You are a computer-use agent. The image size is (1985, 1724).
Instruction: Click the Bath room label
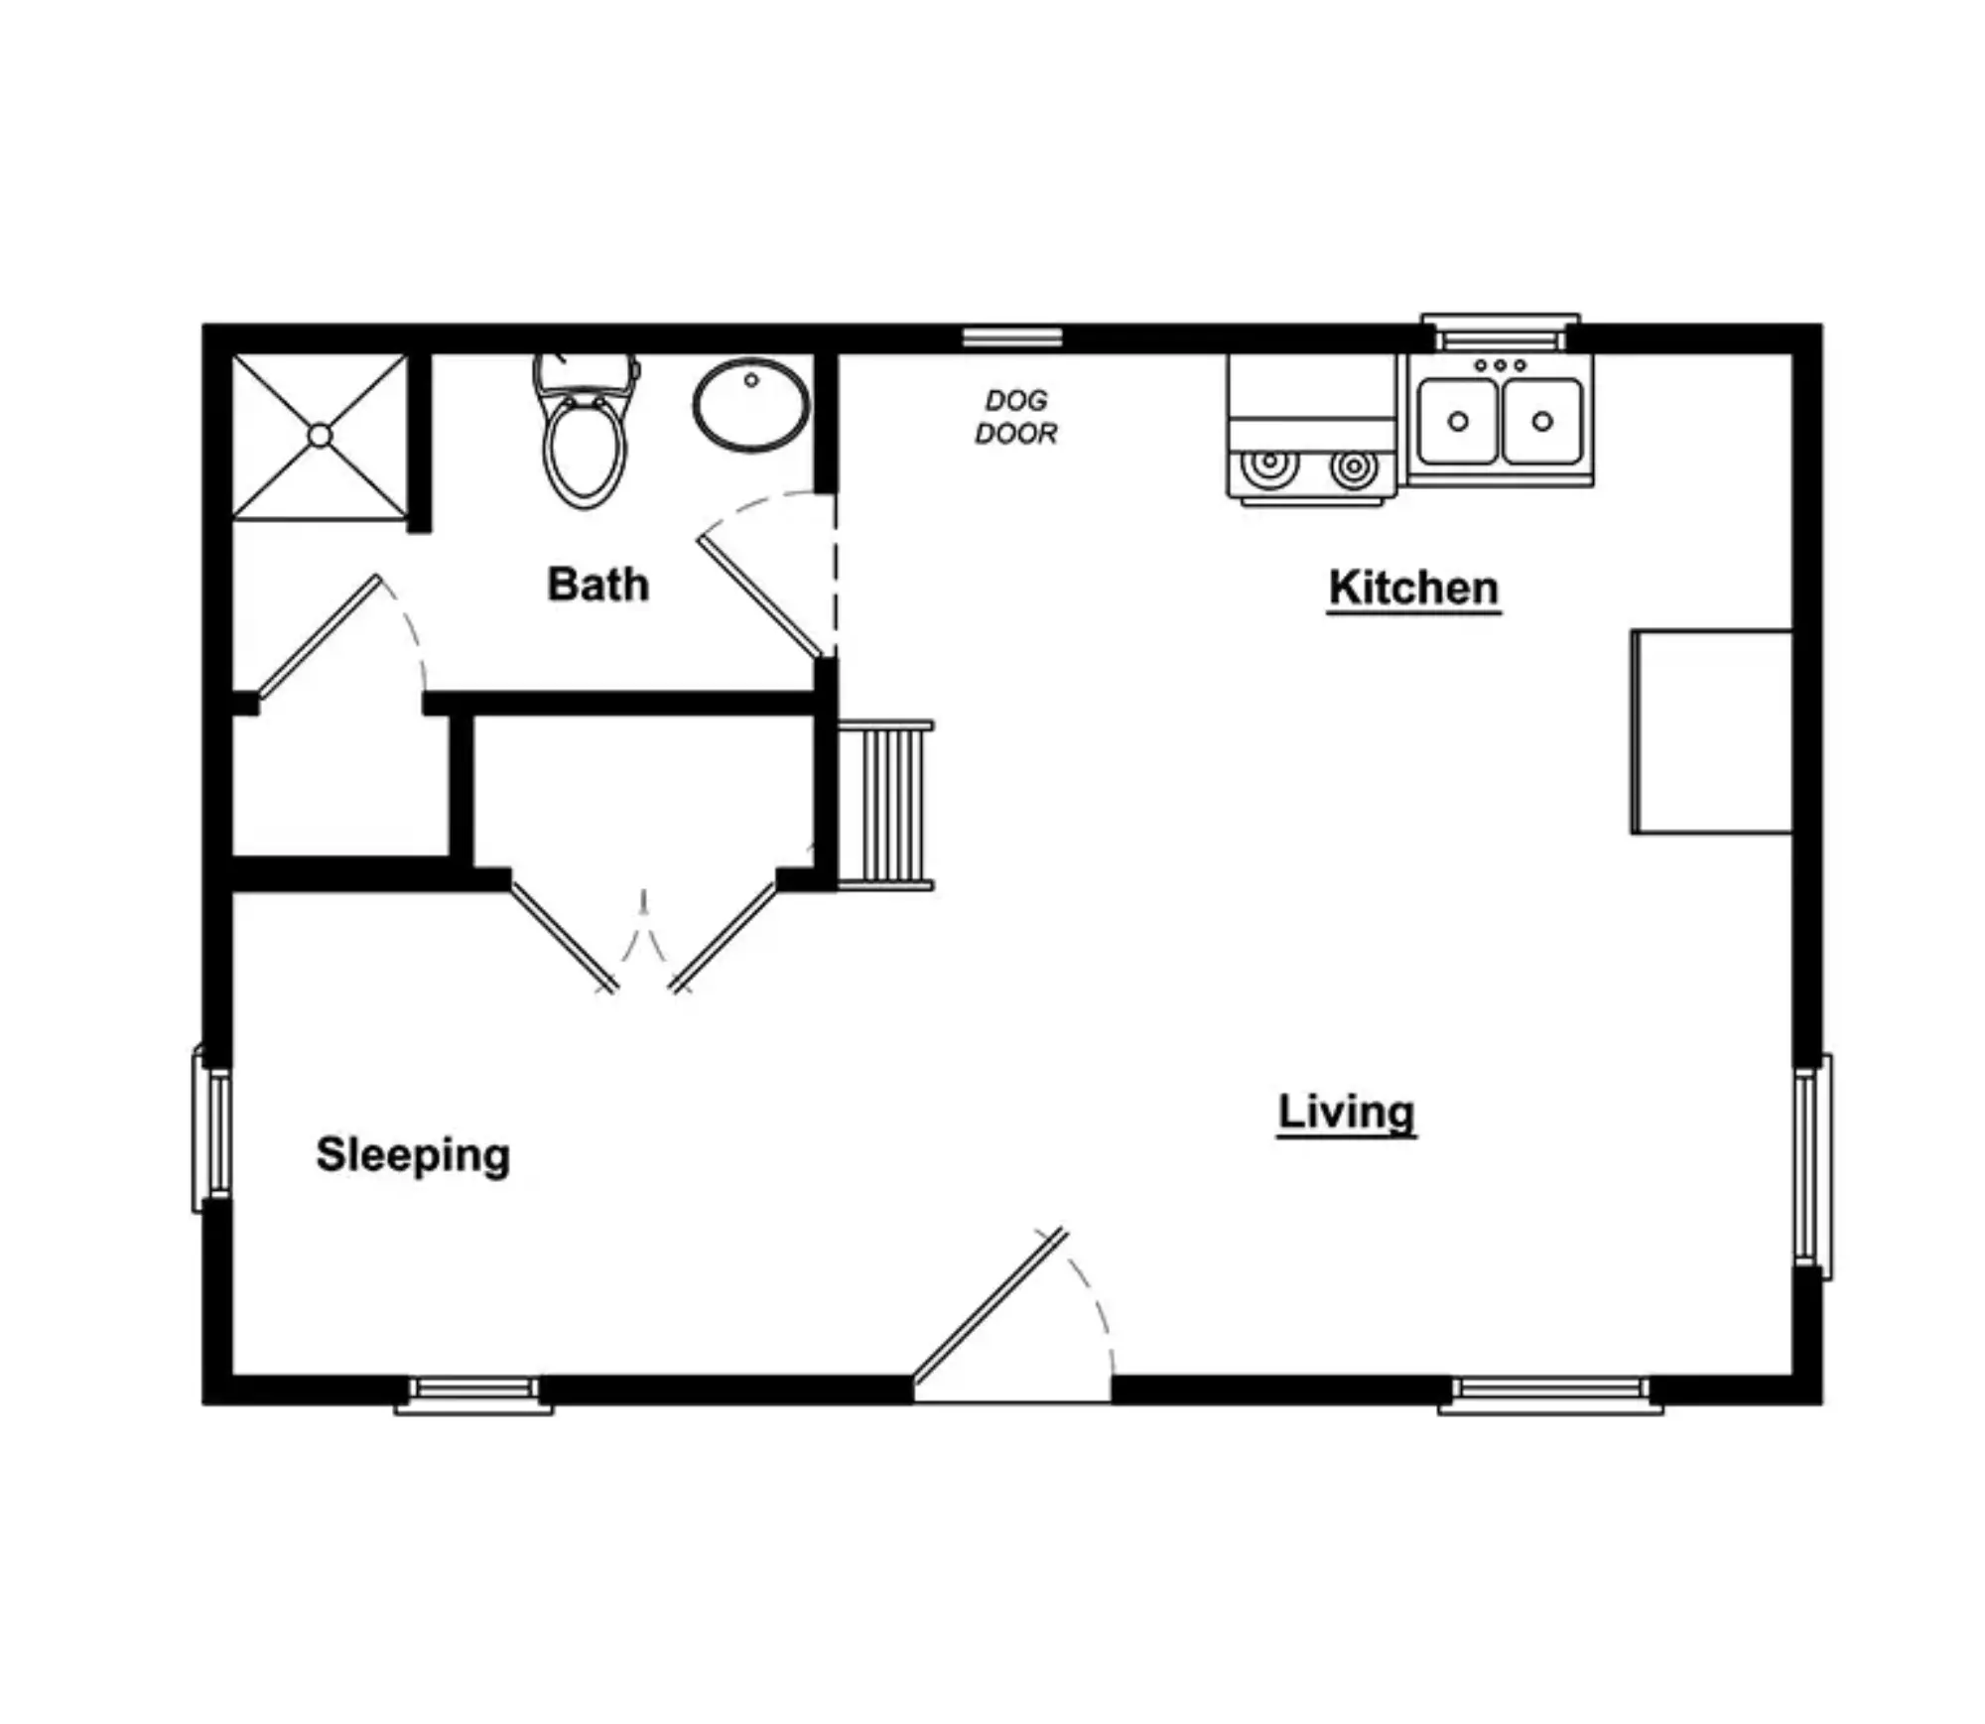[598, 584]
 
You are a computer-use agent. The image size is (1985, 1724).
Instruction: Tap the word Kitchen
[1413, 588]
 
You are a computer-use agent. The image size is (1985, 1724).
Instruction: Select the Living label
[1346, 1113]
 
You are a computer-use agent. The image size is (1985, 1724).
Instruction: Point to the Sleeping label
[413, 1155]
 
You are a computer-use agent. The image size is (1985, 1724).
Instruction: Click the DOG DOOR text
[1015, 417]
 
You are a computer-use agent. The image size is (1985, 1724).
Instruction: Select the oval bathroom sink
[751, 405]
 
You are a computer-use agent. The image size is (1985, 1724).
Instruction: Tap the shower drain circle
[320, 436]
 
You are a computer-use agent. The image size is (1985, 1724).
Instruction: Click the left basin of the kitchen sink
[1457, 421]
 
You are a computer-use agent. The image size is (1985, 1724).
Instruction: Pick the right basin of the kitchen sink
[1542, 421]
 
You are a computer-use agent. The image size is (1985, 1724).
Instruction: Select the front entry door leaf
[990, 1305]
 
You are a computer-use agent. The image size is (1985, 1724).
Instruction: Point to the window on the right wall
[1812, 1167]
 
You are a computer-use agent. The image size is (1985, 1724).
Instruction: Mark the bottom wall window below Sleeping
[473, 1393]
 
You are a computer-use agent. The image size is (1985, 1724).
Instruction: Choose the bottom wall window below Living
[1550, 1393]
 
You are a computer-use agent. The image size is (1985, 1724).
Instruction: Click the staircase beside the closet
[885, 805]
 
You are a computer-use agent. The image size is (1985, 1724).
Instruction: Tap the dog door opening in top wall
[1012, 337]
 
